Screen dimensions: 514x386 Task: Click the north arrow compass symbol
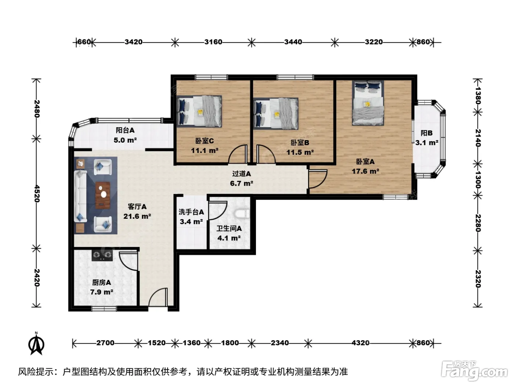tap(36, 344)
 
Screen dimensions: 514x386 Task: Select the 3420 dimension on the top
tap(134, 42)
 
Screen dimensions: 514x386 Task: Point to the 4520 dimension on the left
tap(37, 194)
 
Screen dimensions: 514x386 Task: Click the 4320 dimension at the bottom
tap(361, 343)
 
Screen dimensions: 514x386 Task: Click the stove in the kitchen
tap(102, 255)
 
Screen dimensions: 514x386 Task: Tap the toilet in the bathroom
tap(242, 214)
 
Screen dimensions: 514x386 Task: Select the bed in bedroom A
tap(368, 103)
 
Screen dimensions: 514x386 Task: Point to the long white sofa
tap(80, 196)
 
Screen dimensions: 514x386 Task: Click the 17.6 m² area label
tap(365, 171)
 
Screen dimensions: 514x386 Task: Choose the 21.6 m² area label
tap(137, 216)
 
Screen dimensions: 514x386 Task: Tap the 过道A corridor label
tap(242, 174)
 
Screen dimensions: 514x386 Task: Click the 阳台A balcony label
tap(125, 130)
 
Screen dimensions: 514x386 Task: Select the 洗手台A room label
tap(191, 212)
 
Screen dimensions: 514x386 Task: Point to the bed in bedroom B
tap(276, 114)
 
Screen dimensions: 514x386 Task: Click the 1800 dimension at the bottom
tap(230, 343)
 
